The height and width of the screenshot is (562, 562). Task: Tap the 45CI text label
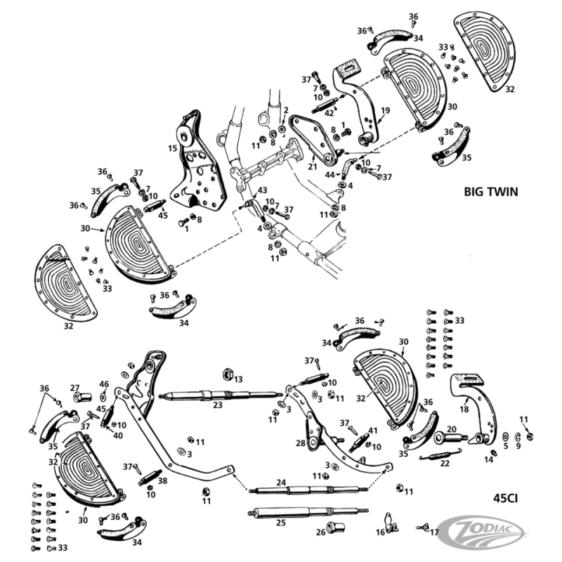pos(507,501)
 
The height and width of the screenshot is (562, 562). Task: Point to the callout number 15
pos(172,148)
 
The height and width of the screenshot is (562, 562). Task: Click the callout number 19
pos(385,110)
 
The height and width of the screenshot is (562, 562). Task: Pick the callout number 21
pos(312,166)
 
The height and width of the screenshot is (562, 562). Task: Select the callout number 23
pos(218,405)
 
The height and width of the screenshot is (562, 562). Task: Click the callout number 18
pos(463,408)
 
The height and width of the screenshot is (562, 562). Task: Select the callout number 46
pos(104,384)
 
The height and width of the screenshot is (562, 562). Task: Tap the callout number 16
pos(381,532)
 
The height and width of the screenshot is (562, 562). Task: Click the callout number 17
pos(433,532)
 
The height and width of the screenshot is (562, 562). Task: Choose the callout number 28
pos(301,443)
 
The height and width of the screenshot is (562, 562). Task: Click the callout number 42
pos(329,113)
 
